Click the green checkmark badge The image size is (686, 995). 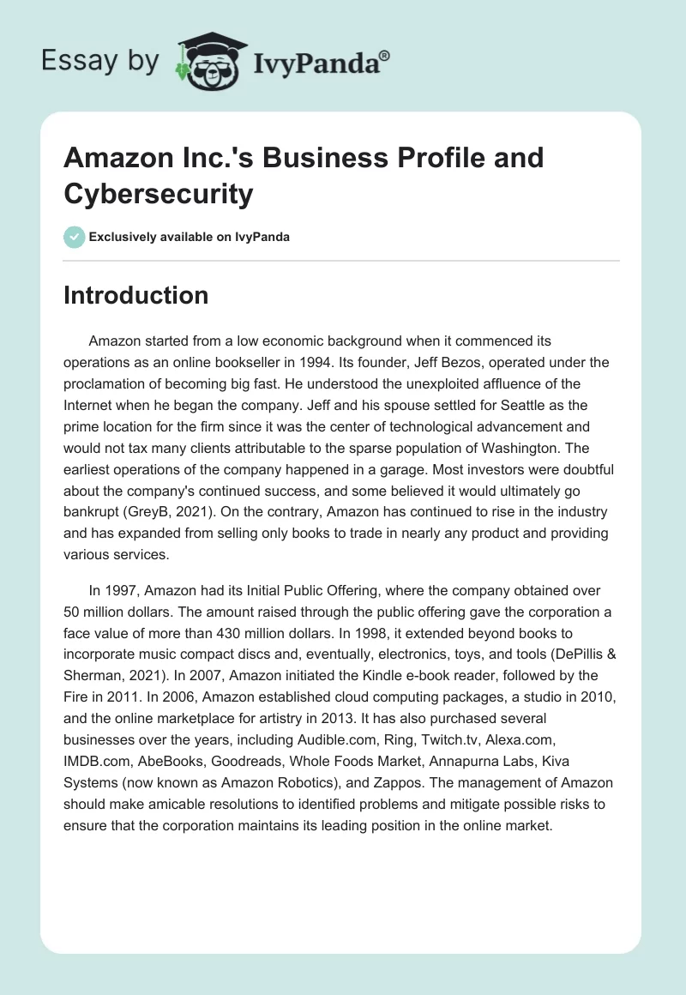pyautogui.click(x=75, y=237)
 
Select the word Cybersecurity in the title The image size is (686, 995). pyautogui.click(x=159, y=194)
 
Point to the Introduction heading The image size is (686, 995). pyautogui.click(x=136, y=295)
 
